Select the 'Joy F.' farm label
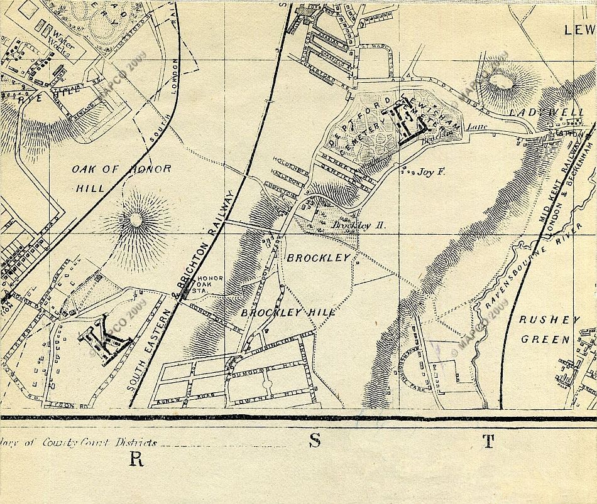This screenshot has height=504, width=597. (431, 171)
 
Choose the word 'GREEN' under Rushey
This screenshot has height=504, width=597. (545, 340)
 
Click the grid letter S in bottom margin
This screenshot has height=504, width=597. (315, 441)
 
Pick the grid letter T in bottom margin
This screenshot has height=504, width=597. (488, 442)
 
